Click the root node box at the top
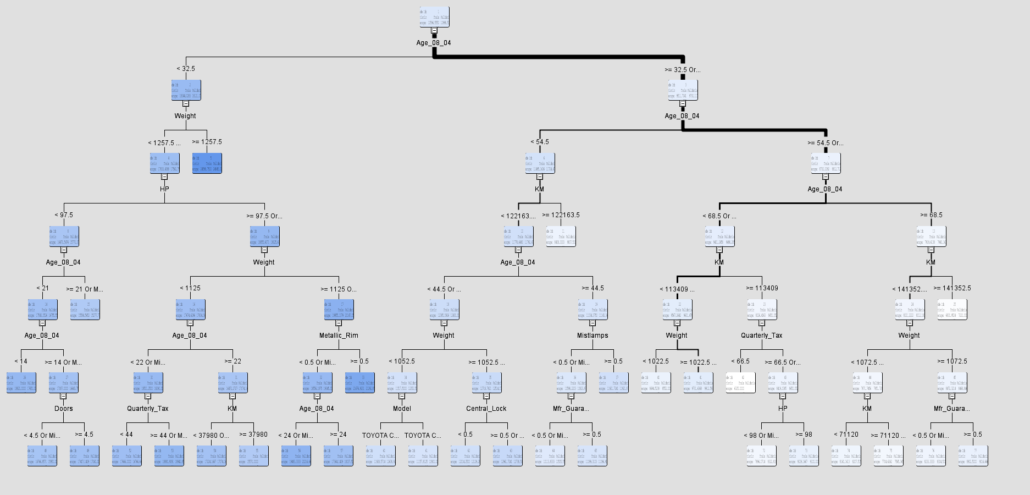point(434,17)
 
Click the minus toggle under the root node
point(434,31)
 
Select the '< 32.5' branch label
point(186,69)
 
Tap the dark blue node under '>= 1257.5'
point(207,163)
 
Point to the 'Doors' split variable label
point(64,409)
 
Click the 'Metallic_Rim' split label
point(339,335)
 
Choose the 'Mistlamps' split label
point(592,335)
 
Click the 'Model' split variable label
point(402,409)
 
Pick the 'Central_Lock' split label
point(486,409)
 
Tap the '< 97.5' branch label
point(64,215)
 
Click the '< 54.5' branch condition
point(540,142)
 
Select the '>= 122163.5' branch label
point(561,215)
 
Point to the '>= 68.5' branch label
point(931,215)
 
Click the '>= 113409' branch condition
point(762,288)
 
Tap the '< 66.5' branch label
point(740,361)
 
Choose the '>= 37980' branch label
point(253,435)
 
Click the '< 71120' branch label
point(846,435)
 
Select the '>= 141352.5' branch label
point(953,288)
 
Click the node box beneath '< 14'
point(21,383)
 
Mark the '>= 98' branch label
point(804,435)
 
